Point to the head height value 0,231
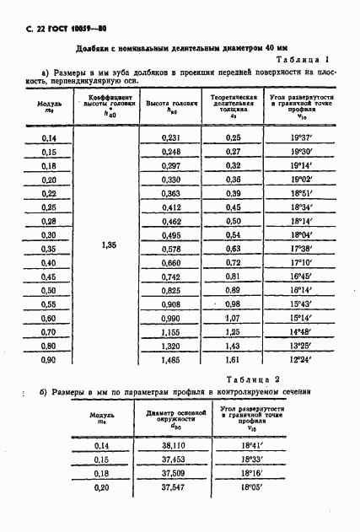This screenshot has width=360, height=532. point(171,137)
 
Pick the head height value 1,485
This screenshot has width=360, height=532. point(171,359)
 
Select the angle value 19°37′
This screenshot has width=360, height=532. point(303,137)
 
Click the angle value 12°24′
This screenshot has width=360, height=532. point(303,359)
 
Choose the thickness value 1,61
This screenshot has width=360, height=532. point(233,359)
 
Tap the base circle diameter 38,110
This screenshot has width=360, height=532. point(172,445)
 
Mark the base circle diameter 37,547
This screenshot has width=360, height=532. point(172,486)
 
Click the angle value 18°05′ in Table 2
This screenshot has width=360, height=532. point(252,486)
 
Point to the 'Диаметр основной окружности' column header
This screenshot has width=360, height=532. point(172,416)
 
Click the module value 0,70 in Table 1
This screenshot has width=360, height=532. point(49,331)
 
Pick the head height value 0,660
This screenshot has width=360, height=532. point(171,262)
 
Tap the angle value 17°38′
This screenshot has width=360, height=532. point(303,249)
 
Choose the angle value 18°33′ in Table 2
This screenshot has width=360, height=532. point(252,459)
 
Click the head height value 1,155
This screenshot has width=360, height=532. point(171,331)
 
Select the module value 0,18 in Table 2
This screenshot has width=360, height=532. point(102,473)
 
